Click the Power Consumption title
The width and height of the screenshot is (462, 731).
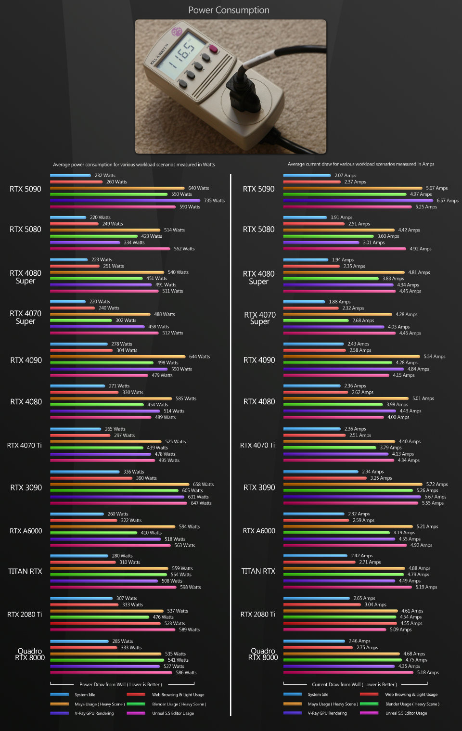tap(229, 10)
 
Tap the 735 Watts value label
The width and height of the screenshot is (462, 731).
tap(214, 201)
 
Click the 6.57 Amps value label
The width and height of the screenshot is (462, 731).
tap(447, 201)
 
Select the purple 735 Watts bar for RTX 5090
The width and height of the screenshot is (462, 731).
tap(125, 201)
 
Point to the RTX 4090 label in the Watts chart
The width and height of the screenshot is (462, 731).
tap(26, 360)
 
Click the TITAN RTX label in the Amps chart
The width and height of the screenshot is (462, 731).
tap(258, 571)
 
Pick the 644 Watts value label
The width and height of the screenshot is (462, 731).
tap(199, 357)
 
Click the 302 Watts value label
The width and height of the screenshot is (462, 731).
tap(126, 321)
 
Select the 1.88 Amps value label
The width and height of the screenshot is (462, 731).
tap(339, 302)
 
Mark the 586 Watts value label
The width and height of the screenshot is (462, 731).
tap(186, 673)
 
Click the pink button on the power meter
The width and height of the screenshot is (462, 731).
tap(213, 49)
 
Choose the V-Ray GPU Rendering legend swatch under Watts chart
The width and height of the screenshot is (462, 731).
tap(59, 713)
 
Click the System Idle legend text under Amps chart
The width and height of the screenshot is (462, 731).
tap(318, 694)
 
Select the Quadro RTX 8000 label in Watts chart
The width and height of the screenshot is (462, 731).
tap(30, 654)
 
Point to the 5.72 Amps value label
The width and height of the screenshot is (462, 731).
tap(436, 485)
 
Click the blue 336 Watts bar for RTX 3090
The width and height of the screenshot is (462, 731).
tap(85, 472)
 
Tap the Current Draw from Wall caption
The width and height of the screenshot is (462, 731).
tap(354, 684)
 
